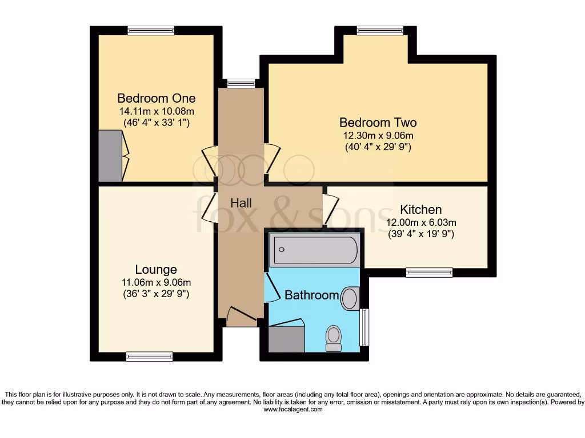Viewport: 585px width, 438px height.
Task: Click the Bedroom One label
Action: pyautogui.click(x=156, y=98)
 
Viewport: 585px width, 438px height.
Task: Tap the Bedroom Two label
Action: pyautogui.click(x=378, y=122)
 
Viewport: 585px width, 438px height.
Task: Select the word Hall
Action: pyautogui.click(x=241, y=202)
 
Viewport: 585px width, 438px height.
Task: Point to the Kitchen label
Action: pyautogui.click(x=420, y=209)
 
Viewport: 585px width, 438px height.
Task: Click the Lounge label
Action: pyautogui.click(x=156, y=269)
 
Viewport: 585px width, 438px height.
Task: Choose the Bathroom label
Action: pyautogui.click(x=311, y=295)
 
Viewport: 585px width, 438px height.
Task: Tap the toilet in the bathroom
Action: pyautogui.click(x=333, y=338)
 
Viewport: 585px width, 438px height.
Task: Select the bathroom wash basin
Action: pyautogui.click(x=350, y=298)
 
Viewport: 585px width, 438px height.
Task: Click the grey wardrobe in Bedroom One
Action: pyautogui.click(x=110, y=156)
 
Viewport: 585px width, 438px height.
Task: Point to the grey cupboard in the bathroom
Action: pyautogui.click(x=286, y=339)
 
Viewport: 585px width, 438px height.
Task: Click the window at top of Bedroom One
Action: pyautogui.click(x=151, y=31)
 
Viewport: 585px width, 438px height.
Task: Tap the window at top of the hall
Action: pyautogui.click(x=241, y=83)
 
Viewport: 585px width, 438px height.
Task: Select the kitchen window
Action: pyautogui.click(x=429, y=273)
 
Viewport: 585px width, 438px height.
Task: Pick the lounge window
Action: pyautogui.click(x=149, y=356)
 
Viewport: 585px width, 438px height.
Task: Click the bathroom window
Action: pyautogui.click(x=364, y=327)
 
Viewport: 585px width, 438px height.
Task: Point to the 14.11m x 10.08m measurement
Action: pyautogui.click(x=156, y=111)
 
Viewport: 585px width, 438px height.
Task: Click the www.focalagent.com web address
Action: pyautogui.click(x=292, y=409)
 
